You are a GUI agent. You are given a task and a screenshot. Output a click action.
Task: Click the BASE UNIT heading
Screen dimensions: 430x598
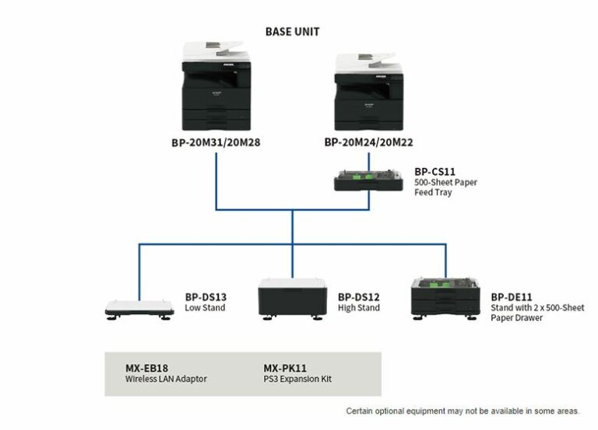[x=292, y=32]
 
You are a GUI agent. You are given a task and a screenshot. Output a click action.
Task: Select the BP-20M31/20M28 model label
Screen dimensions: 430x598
[x=215, y=143]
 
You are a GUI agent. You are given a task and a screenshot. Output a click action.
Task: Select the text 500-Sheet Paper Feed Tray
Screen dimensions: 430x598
[x=445, y=187]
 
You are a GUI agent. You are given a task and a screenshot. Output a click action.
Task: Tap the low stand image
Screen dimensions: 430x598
[x=140, y=309]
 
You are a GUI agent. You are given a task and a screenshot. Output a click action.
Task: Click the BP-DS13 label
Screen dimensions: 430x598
[x=206, y=297]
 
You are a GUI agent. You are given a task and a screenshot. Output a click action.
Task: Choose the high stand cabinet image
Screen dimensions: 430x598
[x=292, y=299]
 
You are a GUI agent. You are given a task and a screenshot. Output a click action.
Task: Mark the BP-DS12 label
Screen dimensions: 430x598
[x=358, y=297]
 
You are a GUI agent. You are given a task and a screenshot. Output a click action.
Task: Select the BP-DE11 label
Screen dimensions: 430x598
[x=512, y=297]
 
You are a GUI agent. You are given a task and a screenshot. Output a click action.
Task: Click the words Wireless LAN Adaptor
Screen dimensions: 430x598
[x=167, y=379]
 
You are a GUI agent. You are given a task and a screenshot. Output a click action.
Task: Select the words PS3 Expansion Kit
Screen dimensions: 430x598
[x=297, y=379]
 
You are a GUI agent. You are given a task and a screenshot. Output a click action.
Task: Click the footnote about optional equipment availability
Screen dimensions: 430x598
[x=463, y=411]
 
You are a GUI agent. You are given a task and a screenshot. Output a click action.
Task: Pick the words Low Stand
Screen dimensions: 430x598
[x=206, y=308]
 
